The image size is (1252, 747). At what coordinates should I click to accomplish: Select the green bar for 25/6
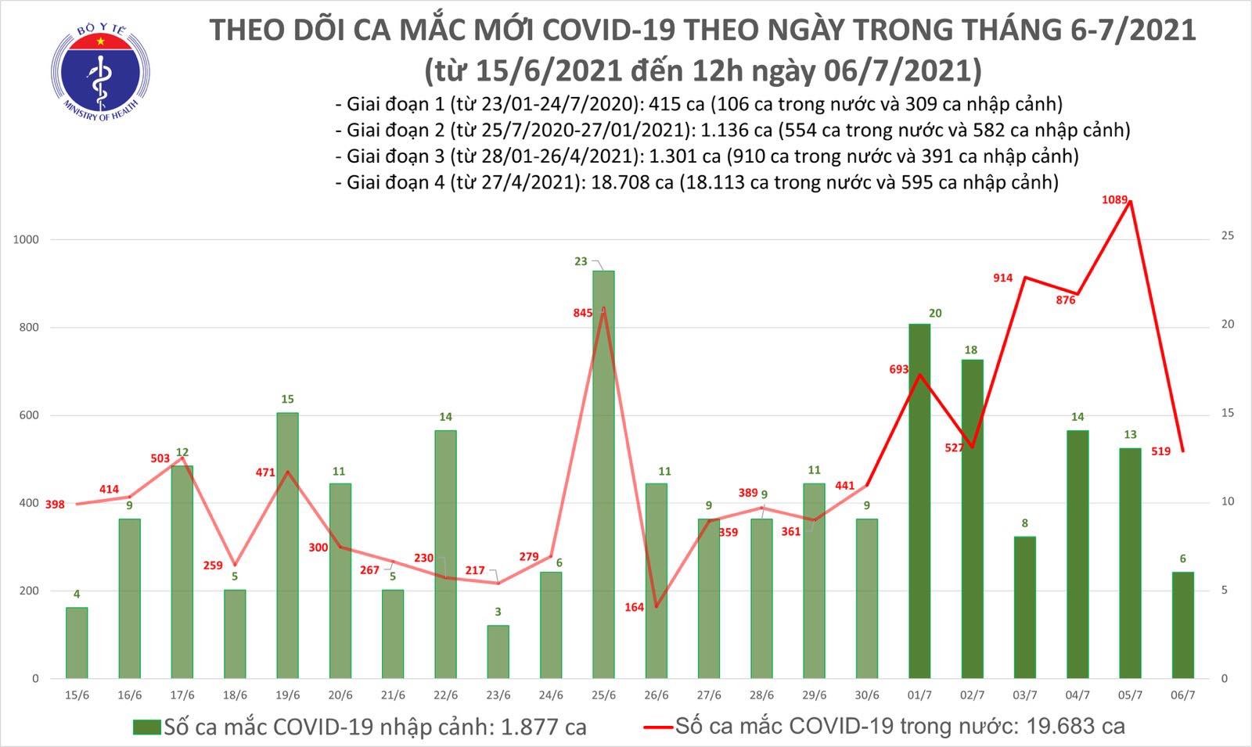(x=603, y=474)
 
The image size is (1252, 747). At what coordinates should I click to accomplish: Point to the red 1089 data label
(x=1114, y=200)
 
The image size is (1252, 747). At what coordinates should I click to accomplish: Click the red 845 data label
(x=583, y=313)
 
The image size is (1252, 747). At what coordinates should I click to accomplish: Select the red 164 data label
(x=635, y=607)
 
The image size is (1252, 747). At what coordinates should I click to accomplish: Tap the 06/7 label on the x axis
(x=1182, y=695)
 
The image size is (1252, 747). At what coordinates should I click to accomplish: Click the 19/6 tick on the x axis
(x=287, y=695)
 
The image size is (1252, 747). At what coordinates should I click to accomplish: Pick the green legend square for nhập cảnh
(x=146, y=727)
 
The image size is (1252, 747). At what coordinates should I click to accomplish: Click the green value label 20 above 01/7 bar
(x=934, y=314)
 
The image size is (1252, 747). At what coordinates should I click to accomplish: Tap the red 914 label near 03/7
(x=1002, y=278)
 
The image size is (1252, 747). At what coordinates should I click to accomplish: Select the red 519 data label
(x=1160, y=451)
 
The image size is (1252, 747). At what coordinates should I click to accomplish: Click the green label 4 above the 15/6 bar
(x=77, y=594)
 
